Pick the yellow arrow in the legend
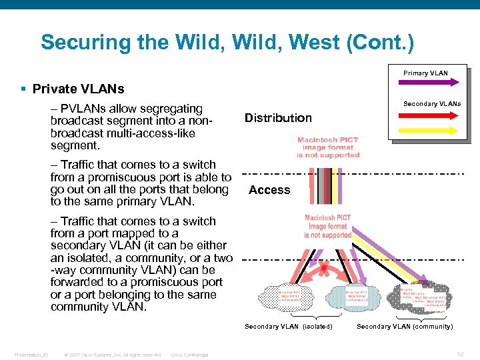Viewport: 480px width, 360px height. coord(427,129)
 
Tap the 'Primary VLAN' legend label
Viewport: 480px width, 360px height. coord(425,73)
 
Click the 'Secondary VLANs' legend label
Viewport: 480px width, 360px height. coord(432,103)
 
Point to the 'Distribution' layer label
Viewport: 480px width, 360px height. coord(278,118)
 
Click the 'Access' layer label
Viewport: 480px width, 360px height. coord(269,190)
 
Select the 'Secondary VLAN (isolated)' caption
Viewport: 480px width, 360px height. coord(288,327)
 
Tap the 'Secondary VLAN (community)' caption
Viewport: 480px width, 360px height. coord(404,327)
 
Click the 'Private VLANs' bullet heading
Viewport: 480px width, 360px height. coord(78,89)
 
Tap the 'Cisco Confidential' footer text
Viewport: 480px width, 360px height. coord(189,355)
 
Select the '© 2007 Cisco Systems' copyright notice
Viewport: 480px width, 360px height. coord(113,355)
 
